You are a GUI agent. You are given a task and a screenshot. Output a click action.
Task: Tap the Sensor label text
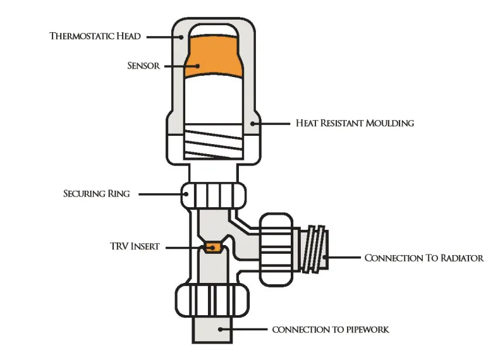[143, 66]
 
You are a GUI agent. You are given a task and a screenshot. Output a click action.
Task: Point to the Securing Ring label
[97, 194]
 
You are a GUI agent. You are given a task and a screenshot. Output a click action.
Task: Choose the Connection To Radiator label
[424, 258]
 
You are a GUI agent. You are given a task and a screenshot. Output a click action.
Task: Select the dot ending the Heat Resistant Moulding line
[253, 123]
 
